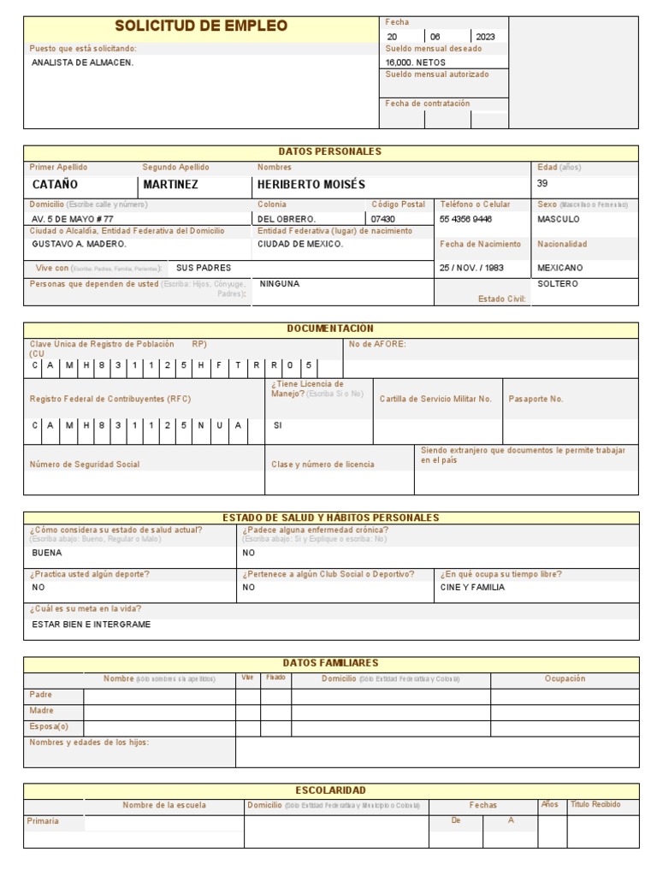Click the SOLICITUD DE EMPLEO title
[201, 27]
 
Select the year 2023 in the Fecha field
[485, 37]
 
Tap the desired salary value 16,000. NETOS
[415, 62]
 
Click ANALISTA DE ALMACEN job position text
[82, 62]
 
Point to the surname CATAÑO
[55, 185]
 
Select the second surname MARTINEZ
[170, 185]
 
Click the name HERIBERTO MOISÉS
[311, 185]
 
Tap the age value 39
[542, 183]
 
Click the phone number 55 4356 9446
[465, 219]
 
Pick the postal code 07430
[383, 219]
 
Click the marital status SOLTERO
[558, 283]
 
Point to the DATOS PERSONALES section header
[330, 151]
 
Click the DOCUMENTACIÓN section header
[330, 328]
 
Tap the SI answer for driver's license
[277, 425]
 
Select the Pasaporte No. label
[536, 399]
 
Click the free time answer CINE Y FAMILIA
[472, 588]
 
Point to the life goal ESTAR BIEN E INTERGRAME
[91, 624]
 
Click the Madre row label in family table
[41, 711]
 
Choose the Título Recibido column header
[595, 805]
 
